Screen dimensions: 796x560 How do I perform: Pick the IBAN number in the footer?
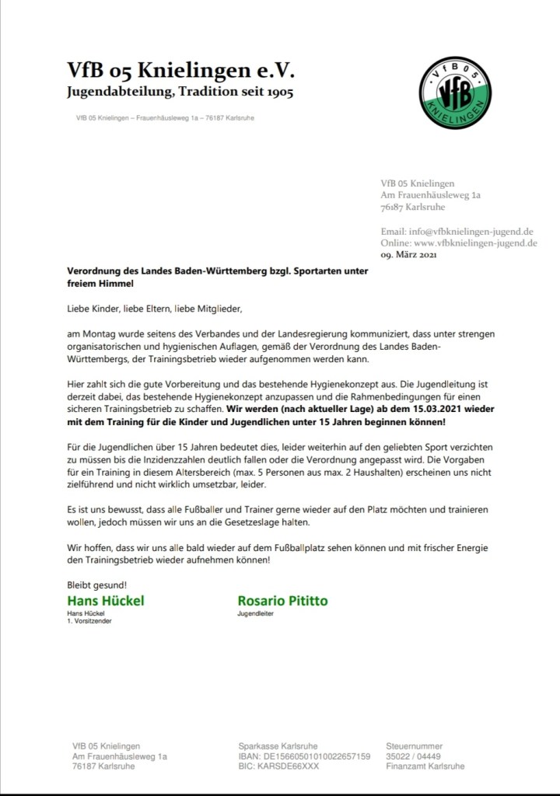(x=304, y=756)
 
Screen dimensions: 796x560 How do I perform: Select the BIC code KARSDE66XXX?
(x=278, y=766)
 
